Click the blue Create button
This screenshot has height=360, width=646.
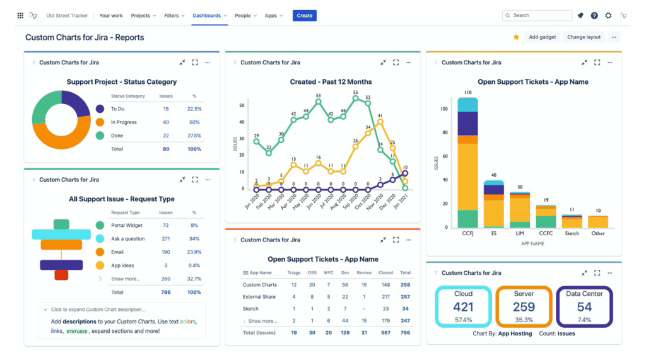point(305,16)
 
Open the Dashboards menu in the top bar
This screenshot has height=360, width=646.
point(209,16)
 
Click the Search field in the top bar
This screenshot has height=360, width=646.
point(537,15)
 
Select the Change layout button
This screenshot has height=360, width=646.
point(584,37)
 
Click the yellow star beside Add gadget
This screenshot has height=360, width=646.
point(516,37)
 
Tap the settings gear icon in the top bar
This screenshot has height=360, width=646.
point(609,16)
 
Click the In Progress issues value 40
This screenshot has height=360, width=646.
point(166,122)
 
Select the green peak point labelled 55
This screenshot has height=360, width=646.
point(356,98)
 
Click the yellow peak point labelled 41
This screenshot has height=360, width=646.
point(380,122)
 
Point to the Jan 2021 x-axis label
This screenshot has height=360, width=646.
point(401,201)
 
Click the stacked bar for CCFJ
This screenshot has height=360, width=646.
point(467,163)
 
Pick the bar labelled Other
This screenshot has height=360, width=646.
point(598,221)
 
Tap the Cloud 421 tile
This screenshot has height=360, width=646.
point(464,307)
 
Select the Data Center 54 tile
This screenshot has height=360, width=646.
point(584,307)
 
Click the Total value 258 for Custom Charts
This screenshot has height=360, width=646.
point(406,284)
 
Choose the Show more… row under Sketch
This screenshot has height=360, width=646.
point(262,321)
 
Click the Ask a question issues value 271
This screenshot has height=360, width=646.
point(166,239)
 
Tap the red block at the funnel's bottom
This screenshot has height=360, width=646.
point(61,275)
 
